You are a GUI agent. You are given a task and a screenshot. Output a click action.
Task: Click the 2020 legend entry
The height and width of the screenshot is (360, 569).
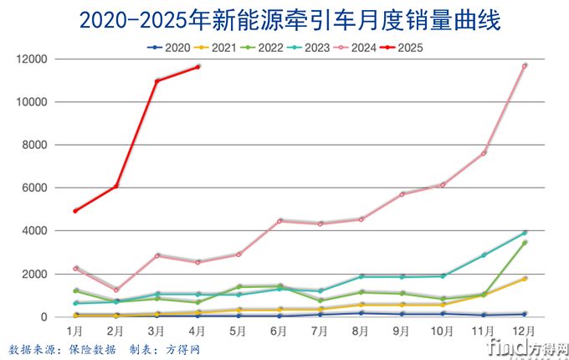[x=168, y=48]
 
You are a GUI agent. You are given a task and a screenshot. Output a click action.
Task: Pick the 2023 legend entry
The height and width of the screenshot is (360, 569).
[x=308, y=48]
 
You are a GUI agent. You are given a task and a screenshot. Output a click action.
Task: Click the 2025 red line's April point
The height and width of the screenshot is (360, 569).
[x=197, y=67]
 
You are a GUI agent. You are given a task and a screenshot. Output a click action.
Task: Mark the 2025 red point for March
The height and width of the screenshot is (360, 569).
[x=157, y=80]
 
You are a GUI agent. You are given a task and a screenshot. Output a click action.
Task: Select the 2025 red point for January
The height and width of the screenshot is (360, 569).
[x=75, y=211]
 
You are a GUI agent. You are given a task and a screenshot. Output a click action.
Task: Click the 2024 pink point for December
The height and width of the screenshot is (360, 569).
[x=525, y=65]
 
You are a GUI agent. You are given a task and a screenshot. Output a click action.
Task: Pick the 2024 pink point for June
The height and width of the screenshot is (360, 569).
[x=279, y=221]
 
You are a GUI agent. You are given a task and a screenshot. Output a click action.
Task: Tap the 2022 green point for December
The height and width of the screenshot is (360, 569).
[x=525, y=243]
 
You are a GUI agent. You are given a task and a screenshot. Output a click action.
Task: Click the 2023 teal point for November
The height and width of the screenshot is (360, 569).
[x=484, y=255]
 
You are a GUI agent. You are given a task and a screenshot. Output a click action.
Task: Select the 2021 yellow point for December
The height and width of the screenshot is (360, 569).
[x=525, y=279]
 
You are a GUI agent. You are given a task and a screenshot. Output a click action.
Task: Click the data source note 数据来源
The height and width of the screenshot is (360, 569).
[x=33, y=348]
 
